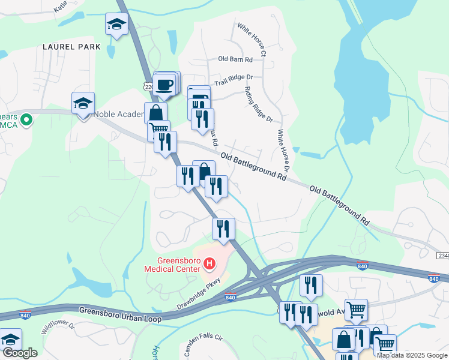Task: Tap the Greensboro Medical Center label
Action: click(172, 265)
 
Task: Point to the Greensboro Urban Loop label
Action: click(119, 313)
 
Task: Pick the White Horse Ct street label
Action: click(252, 41)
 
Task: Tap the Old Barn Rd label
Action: click(235, 59)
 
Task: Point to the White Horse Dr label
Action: click(283, 151)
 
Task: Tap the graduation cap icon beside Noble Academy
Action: click(83, 104)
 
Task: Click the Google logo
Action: click(19, 353)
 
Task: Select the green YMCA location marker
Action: click(26, 121)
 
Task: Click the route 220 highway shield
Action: click(148, 87)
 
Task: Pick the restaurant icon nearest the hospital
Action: click(223, 229)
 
